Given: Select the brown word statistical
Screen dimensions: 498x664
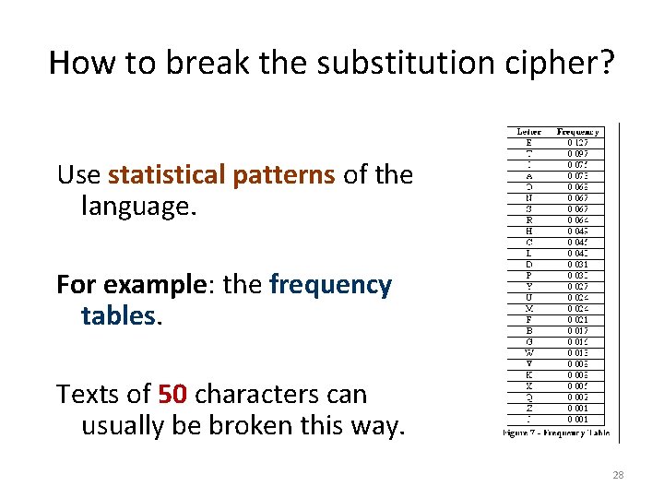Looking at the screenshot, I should (175, 174).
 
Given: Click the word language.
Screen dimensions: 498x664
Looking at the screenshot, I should (139, 206).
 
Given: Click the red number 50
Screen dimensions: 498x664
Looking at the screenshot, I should (172, 395).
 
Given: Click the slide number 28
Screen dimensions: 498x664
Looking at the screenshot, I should (618, 475).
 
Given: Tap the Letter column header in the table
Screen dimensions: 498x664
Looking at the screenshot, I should (529, 132).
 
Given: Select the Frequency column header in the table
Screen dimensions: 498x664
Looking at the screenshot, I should (578, 132).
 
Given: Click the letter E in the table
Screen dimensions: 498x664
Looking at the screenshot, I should (528, 143).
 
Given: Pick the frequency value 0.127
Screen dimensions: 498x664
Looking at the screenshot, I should (578, 143).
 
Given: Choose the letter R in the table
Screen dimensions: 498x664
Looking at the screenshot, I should (528, 220).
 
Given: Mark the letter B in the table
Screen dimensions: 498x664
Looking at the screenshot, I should (528, 331).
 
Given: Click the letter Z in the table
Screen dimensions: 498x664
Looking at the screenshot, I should (528, 409).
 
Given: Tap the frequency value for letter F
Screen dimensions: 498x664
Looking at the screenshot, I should (578, 320).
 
